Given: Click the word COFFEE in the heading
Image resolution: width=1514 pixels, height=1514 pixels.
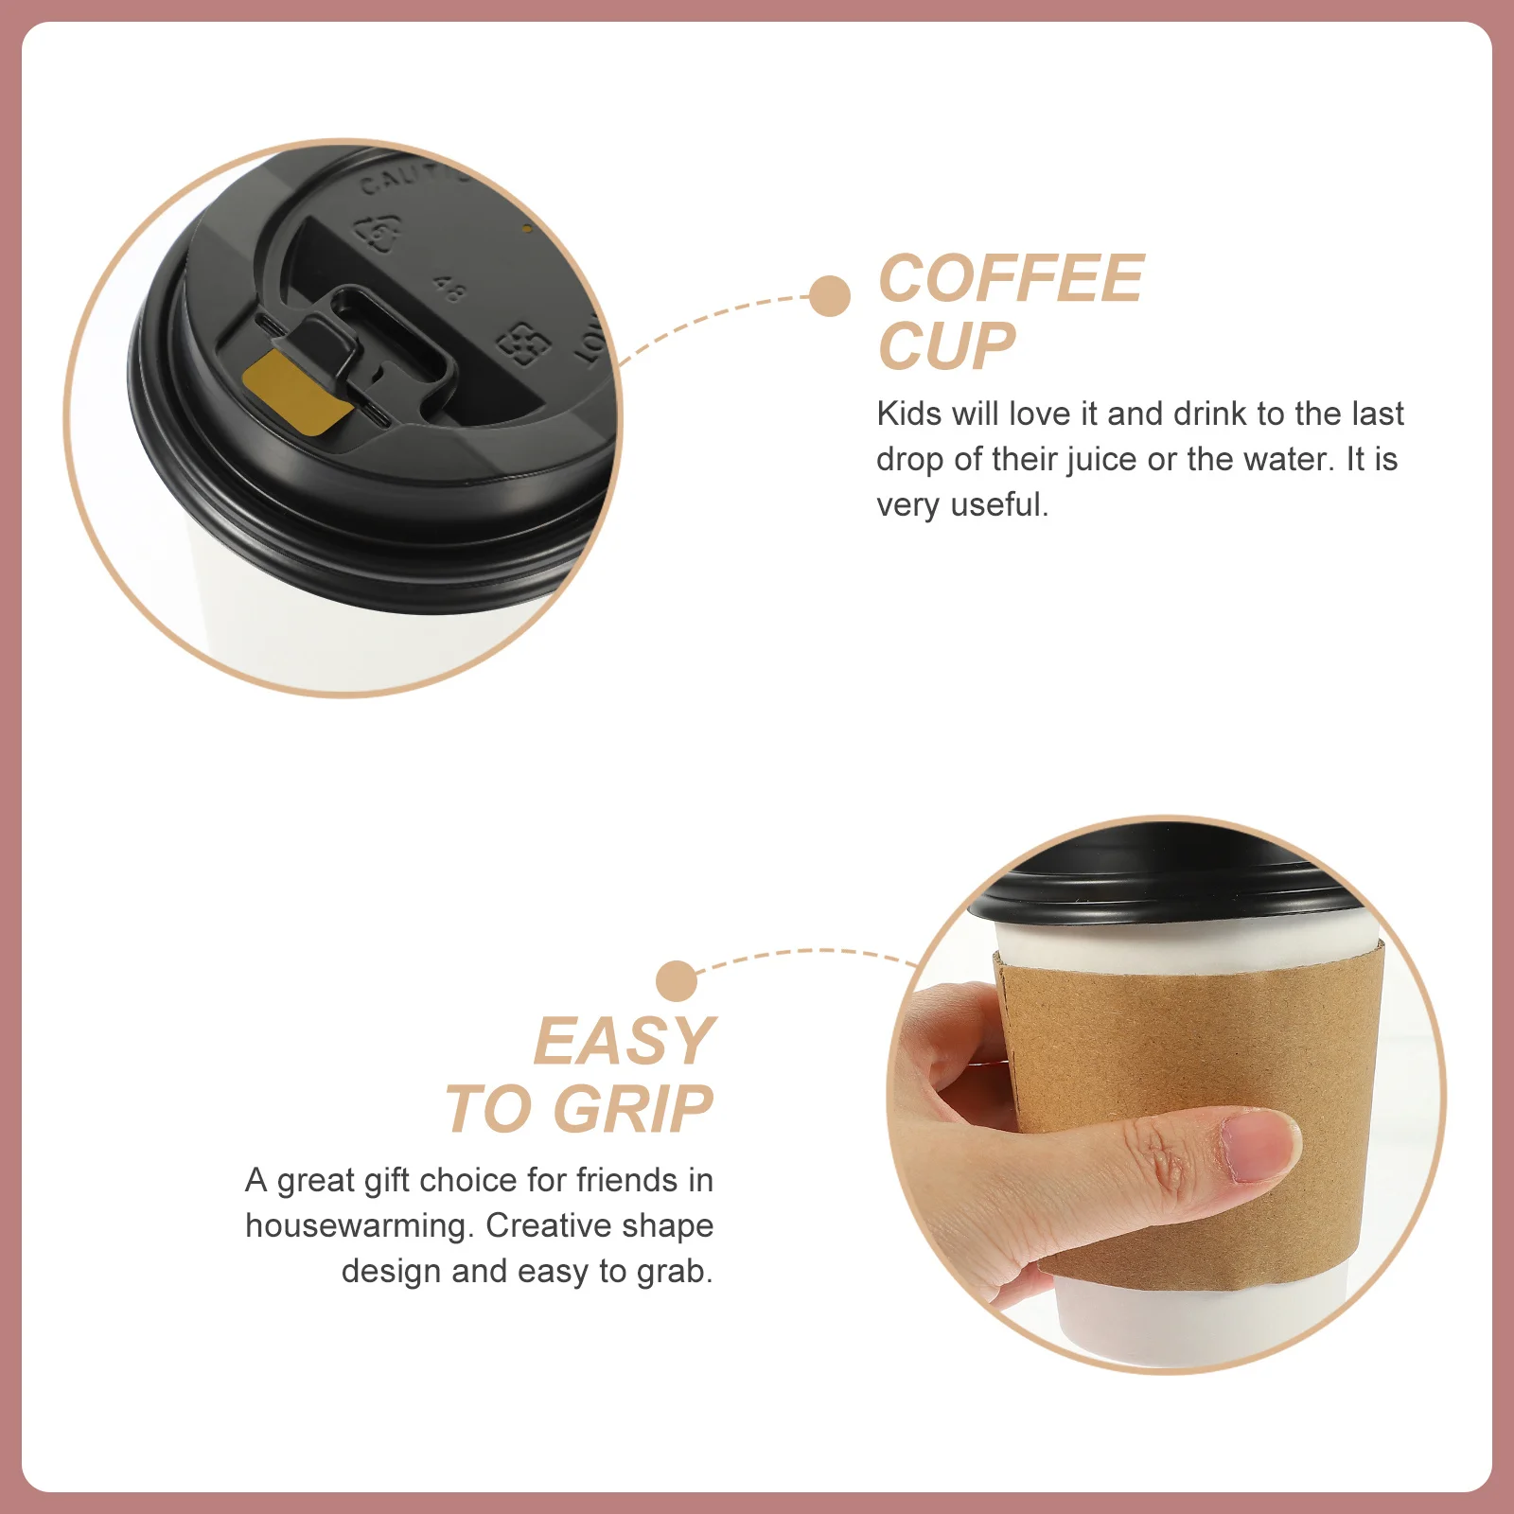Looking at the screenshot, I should (1011, 279).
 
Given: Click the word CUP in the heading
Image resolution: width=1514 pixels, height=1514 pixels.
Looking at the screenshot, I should (946, 347).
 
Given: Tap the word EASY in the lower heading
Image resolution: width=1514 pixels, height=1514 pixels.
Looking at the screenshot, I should (625, 1042).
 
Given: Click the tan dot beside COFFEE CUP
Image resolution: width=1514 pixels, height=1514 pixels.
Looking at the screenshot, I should (830, 296).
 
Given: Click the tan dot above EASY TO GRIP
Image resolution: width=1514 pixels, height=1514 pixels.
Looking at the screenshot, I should (676, 980).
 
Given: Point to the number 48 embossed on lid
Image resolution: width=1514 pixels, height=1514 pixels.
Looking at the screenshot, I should (449, 289).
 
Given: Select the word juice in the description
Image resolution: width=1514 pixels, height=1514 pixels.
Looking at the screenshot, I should (1102, 460).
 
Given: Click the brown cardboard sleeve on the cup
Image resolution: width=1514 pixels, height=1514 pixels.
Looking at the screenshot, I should (1192, 1050).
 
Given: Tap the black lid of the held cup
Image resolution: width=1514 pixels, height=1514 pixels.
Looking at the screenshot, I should (1154, 885).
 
